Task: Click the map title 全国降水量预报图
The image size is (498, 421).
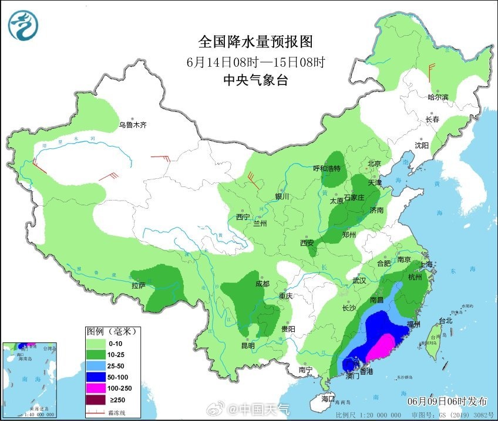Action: click(x=255, y=42)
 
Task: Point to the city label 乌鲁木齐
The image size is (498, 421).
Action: click(x=132, y=124)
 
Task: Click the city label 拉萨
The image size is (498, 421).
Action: click(x=138, y=286)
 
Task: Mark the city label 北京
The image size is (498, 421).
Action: click(x=374, y=164)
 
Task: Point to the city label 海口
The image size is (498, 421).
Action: click(x=328, y=399)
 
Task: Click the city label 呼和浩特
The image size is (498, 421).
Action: click(x=327, y=168)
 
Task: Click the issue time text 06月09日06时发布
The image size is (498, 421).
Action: click(x=447, y=401)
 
